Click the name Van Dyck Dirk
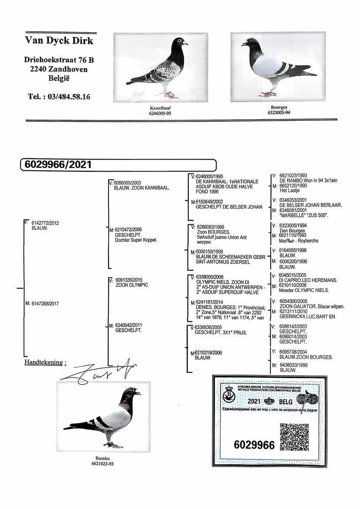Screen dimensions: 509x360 click(59, 40)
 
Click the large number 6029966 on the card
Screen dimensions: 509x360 click(254, 445)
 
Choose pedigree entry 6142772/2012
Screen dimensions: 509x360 click(45, 223)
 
